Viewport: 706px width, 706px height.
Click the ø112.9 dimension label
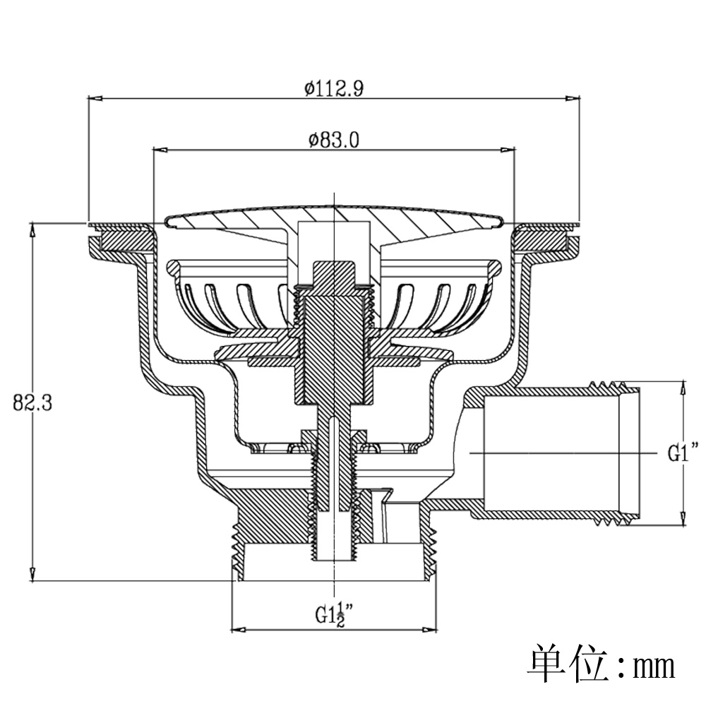point(334,88)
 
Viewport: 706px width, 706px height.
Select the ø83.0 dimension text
point(334,140)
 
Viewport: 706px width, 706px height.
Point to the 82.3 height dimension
point(32,402)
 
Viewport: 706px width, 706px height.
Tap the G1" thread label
point(683,453)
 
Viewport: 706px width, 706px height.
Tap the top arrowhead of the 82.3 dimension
point(32,230)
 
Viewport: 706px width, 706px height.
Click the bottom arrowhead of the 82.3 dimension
point(32,574)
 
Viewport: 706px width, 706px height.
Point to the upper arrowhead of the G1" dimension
point(683,388)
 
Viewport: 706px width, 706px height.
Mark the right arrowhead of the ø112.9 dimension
point(573,98)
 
